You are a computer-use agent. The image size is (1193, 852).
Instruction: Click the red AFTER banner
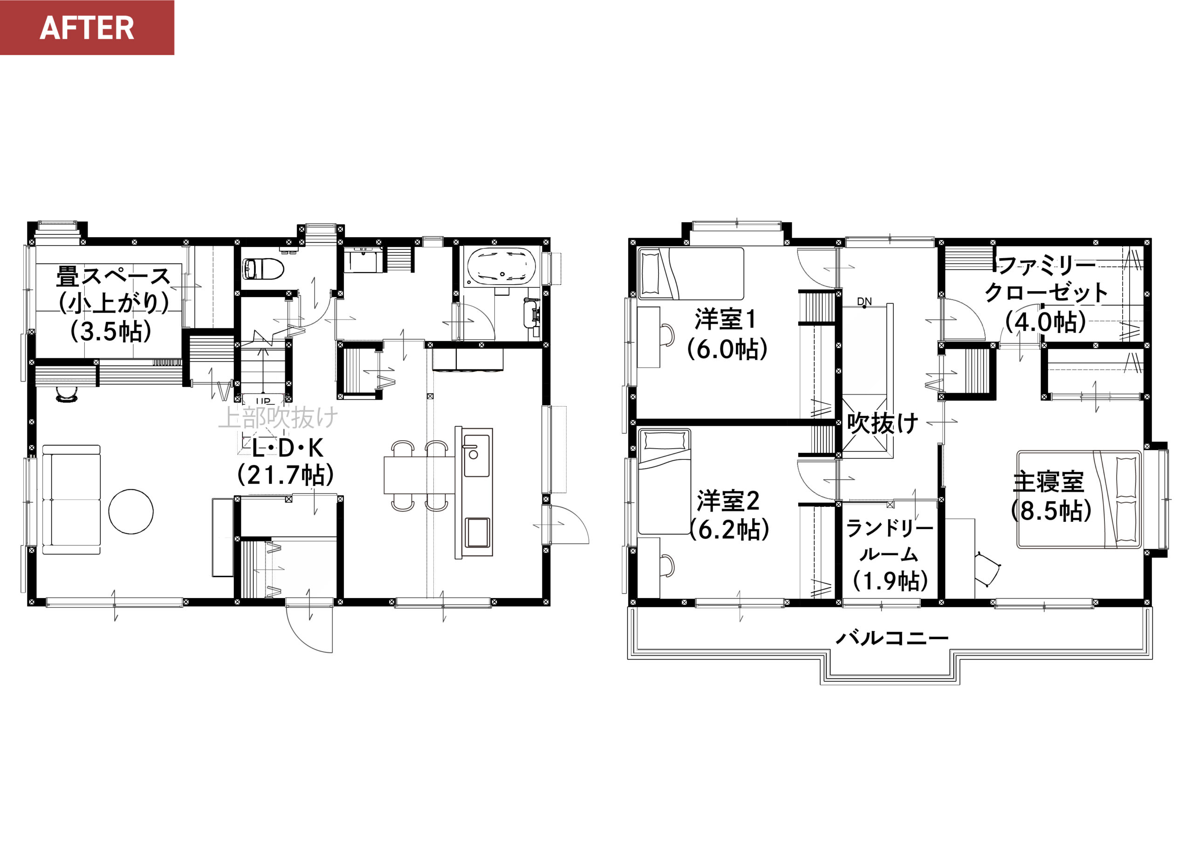point(87,27)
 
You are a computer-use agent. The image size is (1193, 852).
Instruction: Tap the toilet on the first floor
point(262,269)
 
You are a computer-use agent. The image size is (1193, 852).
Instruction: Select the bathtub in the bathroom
point(501,266)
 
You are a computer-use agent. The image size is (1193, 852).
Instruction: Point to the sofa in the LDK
point(71,499)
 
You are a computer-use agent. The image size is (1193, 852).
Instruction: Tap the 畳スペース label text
point(113,276)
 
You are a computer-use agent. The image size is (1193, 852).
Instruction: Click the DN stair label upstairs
point(864,301)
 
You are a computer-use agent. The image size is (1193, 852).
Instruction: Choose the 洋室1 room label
point(726,320)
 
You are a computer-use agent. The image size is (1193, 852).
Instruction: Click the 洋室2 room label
point(728,501)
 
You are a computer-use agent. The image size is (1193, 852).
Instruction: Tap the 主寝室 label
point(1048,482)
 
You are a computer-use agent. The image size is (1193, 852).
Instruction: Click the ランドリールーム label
point(890,541)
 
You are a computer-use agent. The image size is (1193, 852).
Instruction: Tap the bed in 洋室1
point(691,273)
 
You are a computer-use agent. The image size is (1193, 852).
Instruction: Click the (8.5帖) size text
point(1051,510)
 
